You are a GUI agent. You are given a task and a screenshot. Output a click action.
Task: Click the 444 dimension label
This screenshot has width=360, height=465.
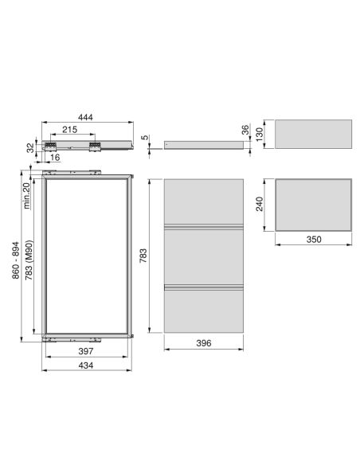click(x=85, y=117)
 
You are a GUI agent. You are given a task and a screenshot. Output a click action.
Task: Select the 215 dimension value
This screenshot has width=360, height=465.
click(x=69, y=130)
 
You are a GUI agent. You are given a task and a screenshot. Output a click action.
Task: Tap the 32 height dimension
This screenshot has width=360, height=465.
click(x=30, y=147)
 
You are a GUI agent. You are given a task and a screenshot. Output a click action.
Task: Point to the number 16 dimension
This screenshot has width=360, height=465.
click(x=55, y=157)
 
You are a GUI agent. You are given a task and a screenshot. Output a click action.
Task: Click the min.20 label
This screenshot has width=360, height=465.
click(x=26, y=196)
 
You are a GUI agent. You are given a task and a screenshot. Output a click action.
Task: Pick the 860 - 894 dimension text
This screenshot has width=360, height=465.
click(x=15, y=260)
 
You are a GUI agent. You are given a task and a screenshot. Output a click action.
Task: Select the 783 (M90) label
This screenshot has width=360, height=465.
click(x=29, y=260)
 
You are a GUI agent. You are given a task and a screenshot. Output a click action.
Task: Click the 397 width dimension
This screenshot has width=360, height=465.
click(x=86, y=351)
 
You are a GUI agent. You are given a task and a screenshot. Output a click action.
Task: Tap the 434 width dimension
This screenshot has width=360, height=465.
click(x=86, y=365)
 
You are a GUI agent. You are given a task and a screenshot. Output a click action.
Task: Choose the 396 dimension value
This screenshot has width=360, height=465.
click(x=204, y=343)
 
